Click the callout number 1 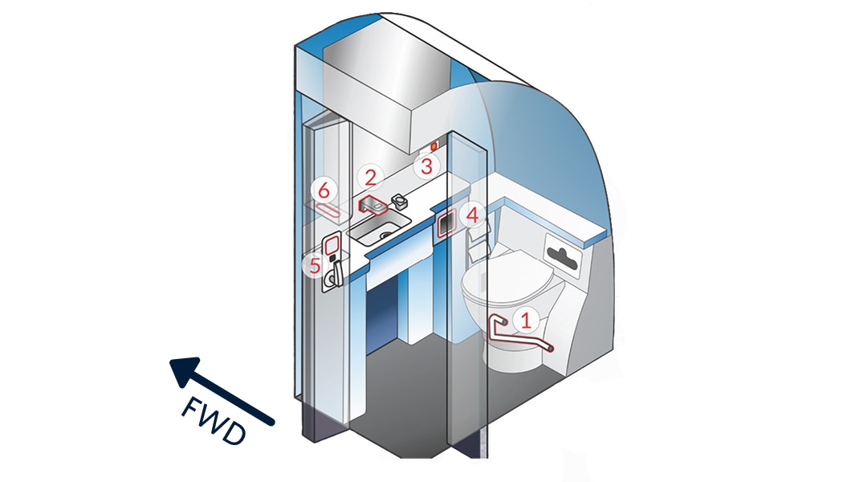coord(527,320)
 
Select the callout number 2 coord(370,177)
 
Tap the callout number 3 coord(426,166)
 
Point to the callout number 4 coord(472,216)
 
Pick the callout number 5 coord(315,266)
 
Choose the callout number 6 coord(324,190)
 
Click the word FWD coord(214,421)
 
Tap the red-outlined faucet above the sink coord(373,205)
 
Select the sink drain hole coord(385,235)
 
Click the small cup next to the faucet coord(400,201)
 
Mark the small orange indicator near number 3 coord(434,145)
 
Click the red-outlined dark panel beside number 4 coord(446,223)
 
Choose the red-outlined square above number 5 coord(332,245)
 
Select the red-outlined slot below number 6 coord(328,210)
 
